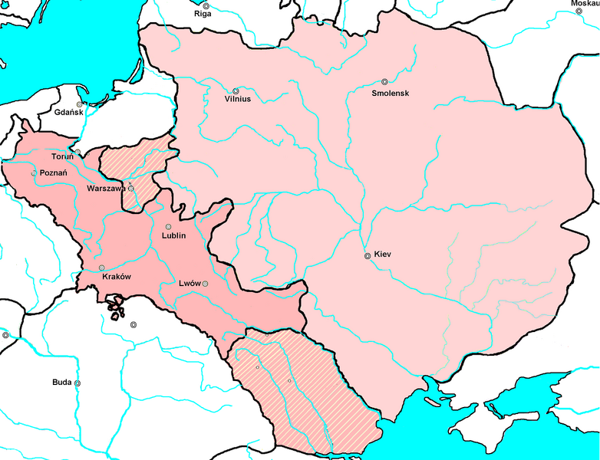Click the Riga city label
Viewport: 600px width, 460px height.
tap(203, 14)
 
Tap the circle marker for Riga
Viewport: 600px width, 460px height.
tap(206, 5)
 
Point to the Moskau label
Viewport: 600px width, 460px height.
tap(584, 4)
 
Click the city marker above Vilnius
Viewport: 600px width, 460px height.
tap(236, 90)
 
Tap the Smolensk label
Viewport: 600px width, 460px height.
tap(389, 93)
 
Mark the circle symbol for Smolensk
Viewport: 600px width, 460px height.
tap(384, 82)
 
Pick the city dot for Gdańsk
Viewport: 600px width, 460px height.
tap(78, 104)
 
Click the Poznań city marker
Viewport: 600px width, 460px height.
tap(34, 173)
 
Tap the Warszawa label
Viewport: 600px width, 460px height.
tap(107, 188)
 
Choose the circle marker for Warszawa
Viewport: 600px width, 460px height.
tap(130, 188)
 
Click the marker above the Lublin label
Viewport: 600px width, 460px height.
tap(169, 226)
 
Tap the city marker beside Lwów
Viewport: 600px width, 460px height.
tap(205, 284)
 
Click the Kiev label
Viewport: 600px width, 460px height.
tap(383, 255)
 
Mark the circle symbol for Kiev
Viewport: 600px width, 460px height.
tap(368, 255)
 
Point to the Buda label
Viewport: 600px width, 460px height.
tap(62, 382)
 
